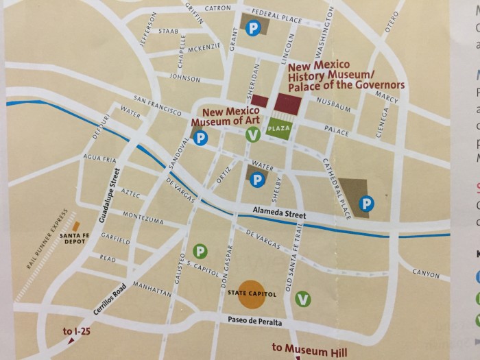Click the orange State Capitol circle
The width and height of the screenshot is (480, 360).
pos(251,292)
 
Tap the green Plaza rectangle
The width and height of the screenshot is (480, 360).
pos(280,128)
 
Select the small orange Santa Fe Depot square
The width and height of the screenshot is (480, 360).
pos(77,226)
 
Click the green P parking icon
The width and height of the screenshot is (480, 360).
pos(200,252)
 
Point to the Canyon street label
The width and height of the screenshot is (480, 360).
pos(426,274)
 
